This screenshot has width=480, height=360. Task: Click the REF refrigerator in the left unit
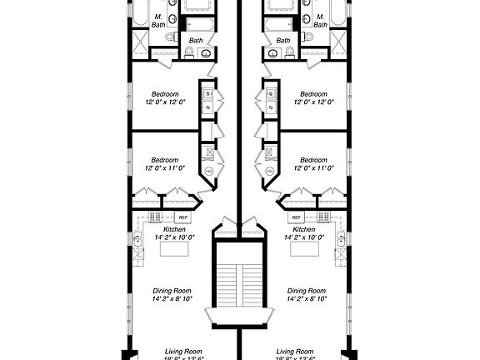[183, 217]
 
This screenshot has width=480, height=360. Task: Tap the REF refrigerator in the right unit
[297, 217]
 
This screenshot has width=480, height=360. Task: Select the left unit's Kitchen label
[174, 228]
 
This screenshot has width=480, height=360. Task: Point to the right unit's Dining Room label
[306, 290]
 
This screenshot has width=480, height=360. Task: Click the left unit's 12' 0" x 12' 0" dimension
[164, 102]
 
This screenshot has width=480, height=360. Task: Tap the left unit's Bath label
[197, 39]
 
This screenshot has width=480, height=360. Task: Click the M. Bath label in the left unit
[158, 20]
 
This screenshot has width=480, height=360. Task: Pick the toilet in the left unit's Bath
[189, 52]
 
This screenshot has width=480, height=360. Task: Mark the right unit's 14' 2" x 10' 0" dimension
[304, 237]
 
